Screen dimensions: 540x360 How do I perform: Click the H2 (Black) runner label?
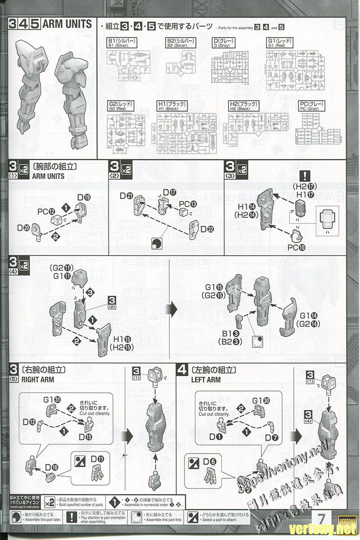(243, 107)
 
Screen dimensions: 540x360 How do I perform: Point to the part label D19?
(84, 197)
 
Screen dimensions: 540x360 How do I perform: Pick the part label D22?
(207, 229)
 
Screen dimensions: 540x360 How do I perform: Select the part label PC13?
(188, 204)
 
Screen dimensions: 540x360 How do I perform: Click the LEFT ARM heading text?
(206, 380)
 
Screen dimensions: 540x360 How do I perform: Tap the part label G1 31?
(52, 400)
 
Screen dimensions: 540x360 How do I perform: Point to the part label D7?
(272, 437)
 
